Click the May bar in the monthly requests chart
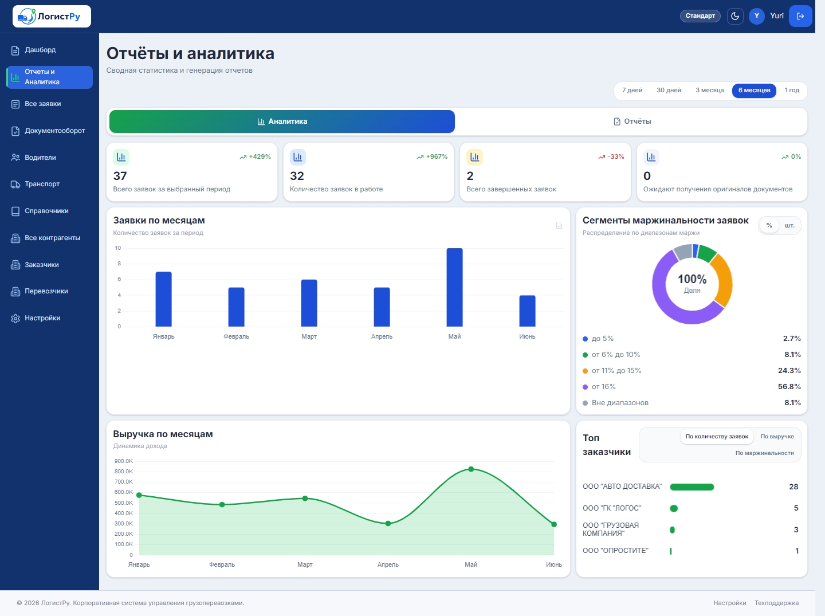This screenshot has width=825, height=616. (x=454, y=287)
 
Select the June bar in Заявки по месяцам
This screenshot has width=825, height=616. (x=527, y=311)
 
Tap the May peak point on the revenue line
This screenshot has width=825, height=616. (x=471, y=469)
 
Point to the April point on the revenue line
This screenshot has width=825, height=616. (x=388, y=523)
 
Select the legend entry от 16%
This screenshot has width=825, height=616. (x=603, y=387)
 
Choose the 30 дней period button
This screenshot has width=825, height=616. (x=669, y=90)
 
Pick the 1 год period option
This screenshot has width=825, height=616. (x=792, y=90)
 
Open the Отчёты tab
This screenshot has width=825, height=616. (x=632, y=121)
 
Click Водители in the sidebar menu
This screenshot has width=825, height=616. (x=40, y=158)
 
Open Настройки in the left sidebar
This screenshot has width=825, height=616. (x=42, y=318)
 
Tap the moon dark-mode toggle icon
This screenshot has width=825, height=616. (x=735, y=16)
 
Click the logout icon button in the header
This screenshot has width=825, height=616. (x=800, y=16)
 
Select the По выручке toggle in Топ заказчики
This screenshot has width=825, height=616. (x=777, y=436)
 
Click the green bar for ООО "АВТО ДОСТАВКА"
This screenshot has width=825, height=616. (x=692, y=487)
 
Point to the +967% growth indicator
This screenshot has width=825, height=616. (x=432, y=157)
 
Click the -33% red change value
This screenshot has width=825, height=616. (x=616, y=157)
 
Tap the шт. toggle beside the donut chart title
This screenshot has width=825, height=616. (x=789, y=226)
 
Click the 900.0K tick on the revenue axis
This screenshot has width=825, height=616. (x=124, y=461)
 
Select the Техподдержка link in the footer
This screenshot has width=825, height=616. (x=776, y=603)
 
